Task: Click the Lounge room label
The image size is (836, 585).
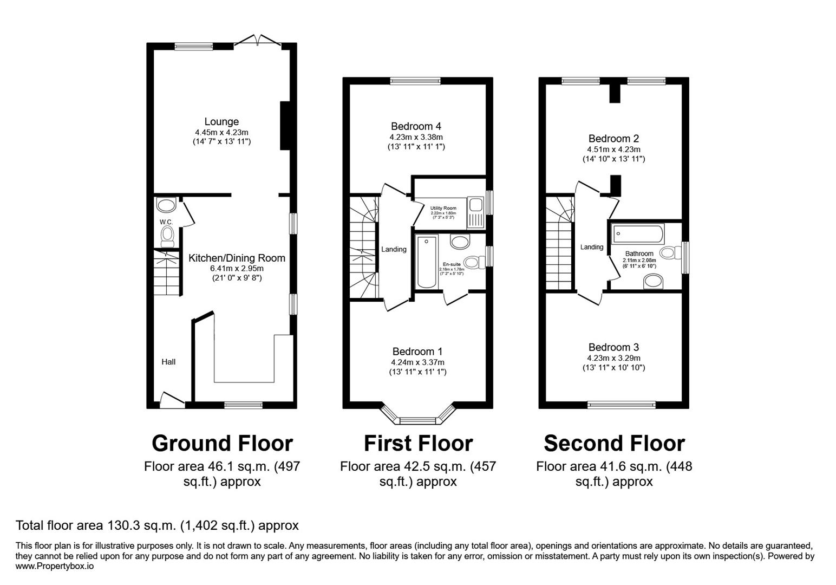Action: pos(221,122)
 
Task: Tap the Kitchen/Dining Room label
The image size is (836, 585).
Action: pos(237,258)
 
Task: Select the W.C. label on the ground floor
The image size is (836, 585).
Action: pos(166,222)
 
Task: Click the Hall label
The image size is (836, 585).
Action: pos(168,362)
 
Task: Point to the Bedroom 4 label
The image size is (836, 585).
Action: pos(415,127)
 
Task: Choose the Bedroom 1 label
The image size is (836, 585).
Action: pos(417,352)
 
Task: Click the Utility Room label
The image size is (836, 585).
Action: pos(443,208)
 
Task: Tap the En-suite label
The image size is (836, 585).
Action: pos(452,264)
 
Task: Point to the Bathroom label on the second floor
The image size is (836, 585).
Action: pos(639,253)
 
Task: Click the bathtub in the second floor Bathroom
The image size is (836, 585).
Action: pos(638,234)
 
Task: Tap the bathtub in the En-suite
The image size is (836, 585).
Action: pos(427,262)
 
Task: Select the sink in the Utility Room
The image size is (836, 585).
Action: pos(476,205)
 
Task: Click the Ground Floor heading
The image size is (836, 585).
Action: pos(222,443)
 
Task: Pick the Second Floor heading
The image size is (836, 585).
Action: pos(614,443)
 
